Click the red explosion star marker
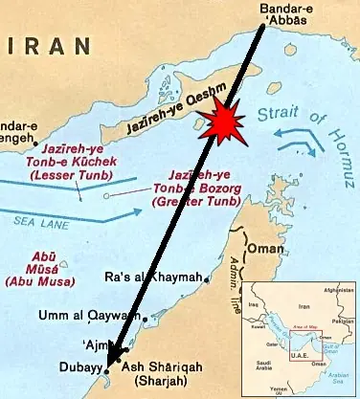[221, 123]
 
